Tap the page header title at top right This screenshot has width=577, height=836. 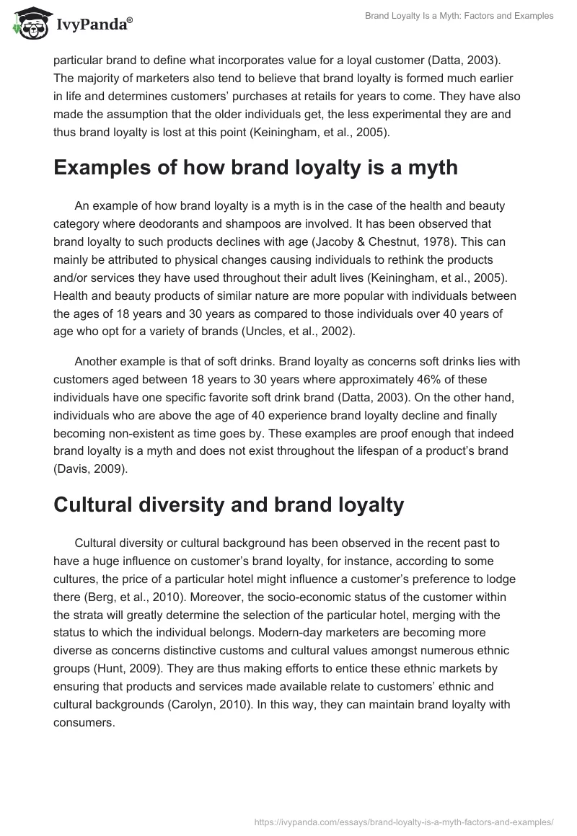[x=459, y=16]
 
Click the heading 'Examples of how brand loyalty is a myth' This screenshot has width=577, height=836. [x=255, y=168]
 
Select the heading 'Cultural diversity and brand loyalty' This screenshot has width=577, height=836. [x=229, y=504]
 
